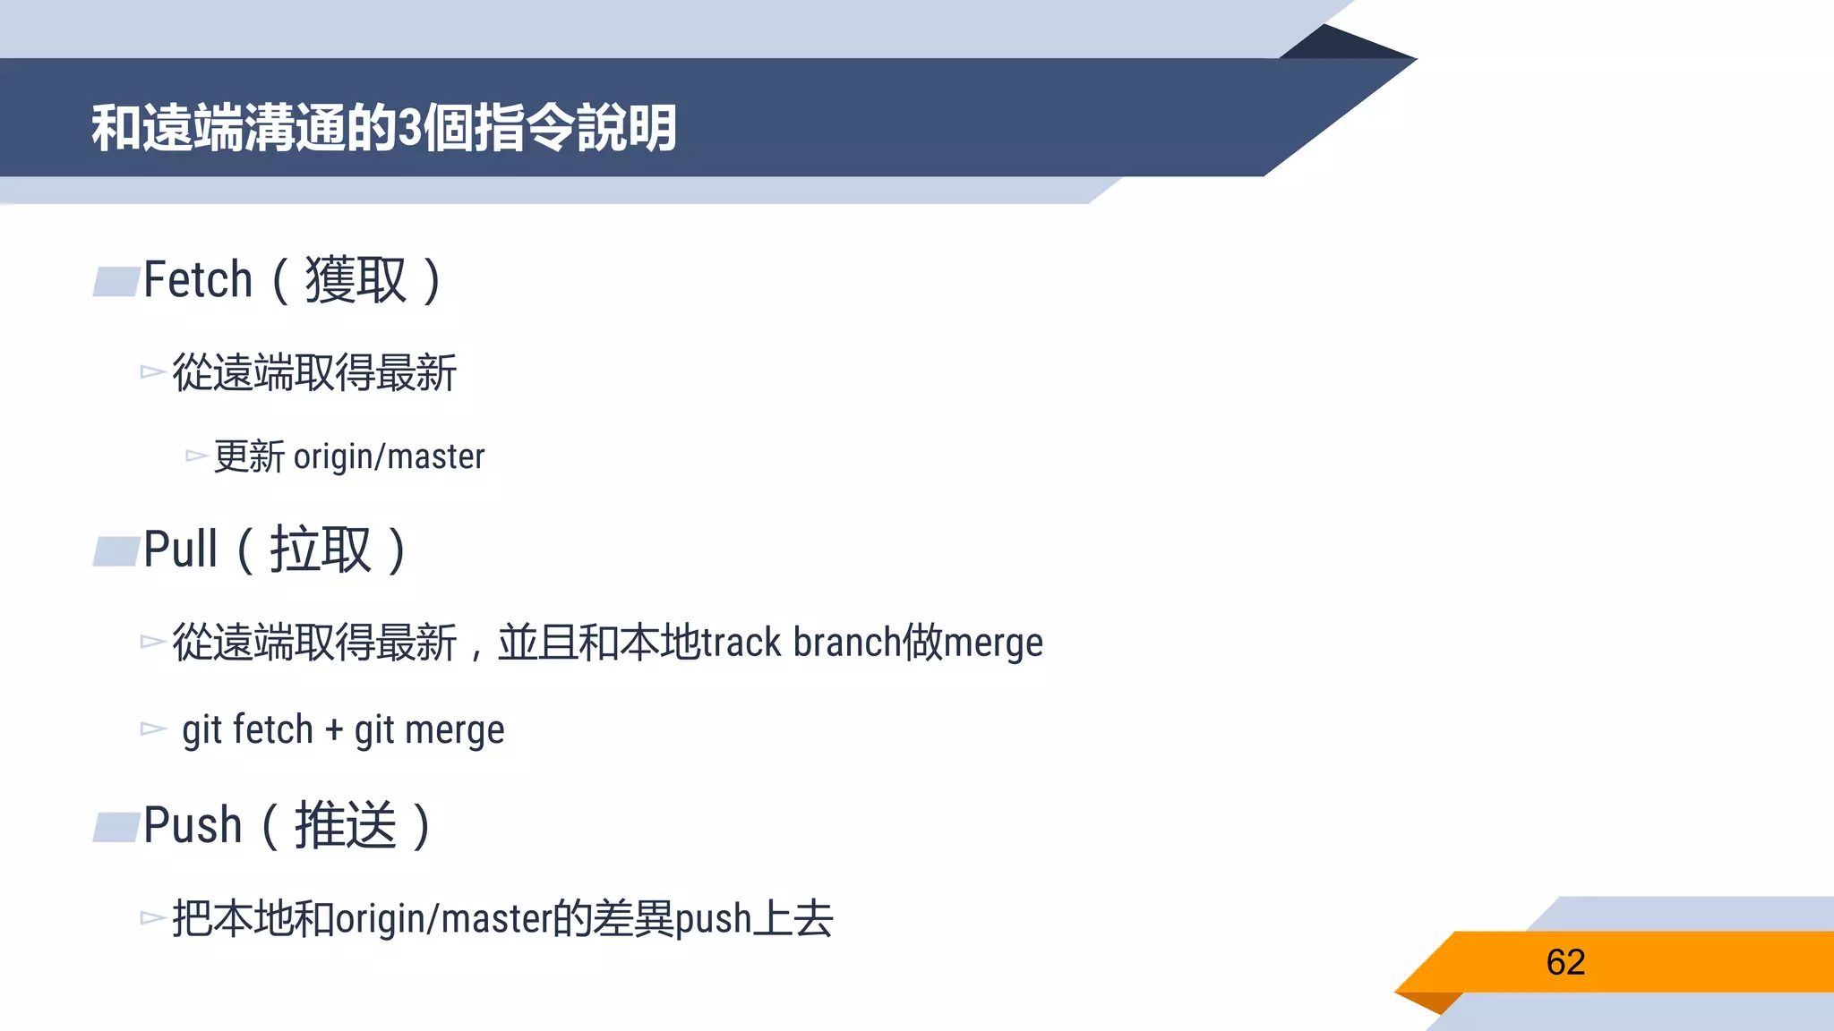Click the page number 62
pyautogui.click(x=1565, y=962)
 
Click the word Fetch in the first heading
pyautogui.click(x=198, y=280)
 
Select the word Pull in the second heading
pyautogui.click(x=180, y=550)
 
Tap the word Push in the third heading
pyautogui.click(x=193, y=825)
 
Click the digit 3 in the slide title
pyautogui.click(x=409, y=128)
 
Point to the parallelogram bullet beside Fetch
pyautogui.click(x=117, y=281)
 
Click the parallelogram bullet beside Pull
pyautogui.click(x=117, y=551)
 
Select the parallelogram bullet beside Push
pyautogui.click(x=117, y=827)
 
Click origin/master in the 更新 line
pyautogui.click(x=389, y=457)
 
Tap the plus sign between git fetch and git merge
pyautogui.click(x=334, y=729)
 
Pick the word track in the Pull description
pyautogui.click(x=741, y=643)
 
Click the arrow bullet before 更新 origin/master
pyautogui.click(x=196, y=456)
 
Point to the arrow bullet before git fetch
pyautogui.click(x=153, y=729)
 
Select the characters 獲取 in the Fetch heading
pyautogui.click(x=356, y=280)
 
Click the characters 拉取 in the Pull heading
pyautogui.click(x=320, y=550)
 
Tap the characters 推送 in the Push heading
pyautogui.click(x=346, y=825)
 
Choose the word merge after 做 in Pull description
pyautogui.click(x=993, y=643)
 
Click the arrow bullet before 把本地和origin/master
pyautogui.click(x=153, y=918)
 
